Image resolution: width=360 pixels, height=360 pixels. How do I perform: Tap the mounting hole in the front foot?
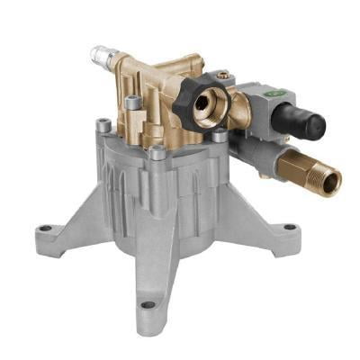click(147, 305)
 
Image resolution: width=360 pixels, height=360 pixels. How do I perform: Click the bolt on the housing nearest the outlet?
click(219, 134)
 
